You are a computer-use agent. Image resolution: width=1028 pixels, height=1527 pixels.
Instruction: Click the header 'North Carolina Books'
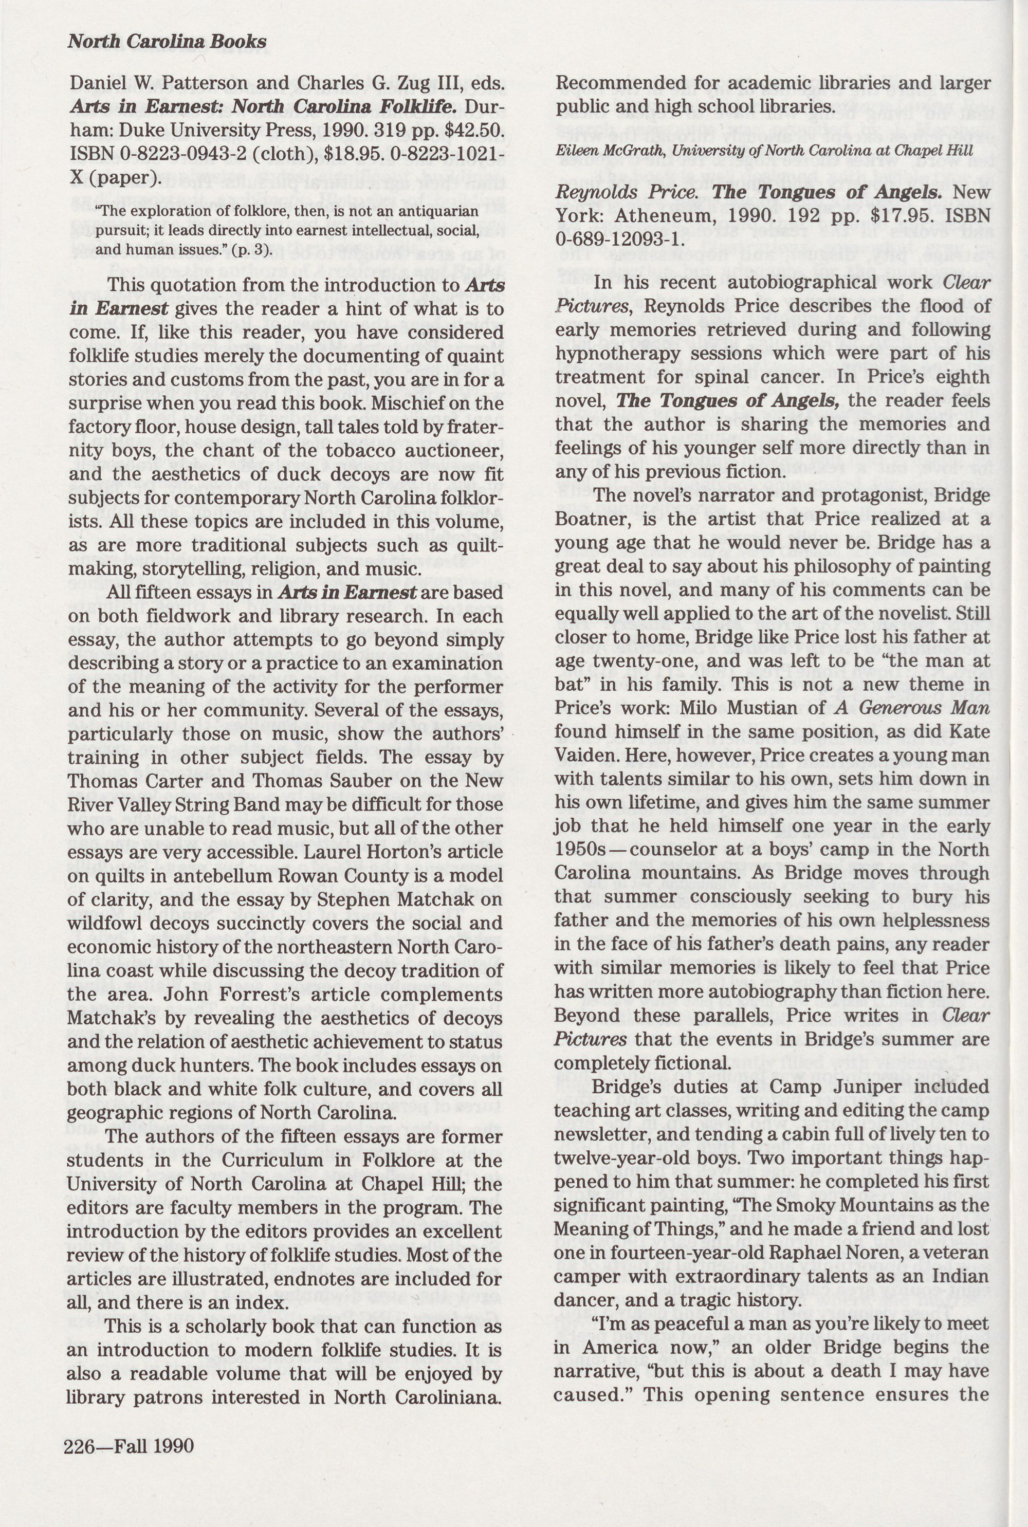167,42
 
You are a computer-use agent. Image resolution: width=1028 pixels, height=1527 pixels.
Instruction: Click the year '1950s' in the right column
578,850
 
